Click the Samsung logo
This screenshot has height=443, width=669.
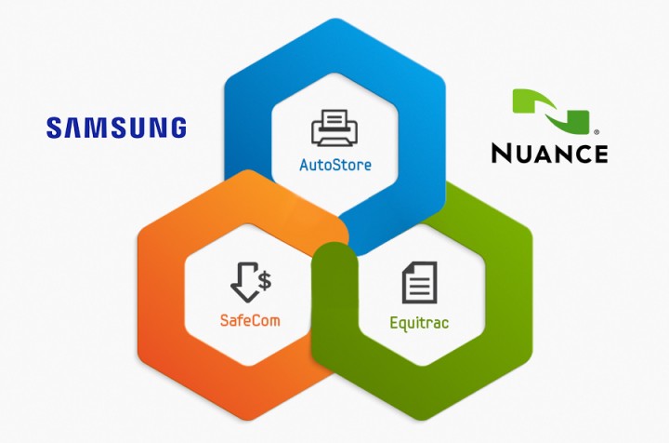click(x=116, y=127)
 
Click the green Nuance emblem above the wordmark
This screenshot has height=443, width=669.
click(x=552, y=112)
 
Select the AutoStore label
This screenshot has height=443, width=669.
click(x=334, y=166)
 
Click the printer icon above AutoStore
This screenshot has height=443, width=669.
click(x=334, y=128)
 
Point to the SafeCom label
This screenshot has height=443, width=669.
click(x=250, y=320)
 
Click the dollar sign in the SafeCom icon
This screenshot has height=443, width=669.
click(x=265, y=277)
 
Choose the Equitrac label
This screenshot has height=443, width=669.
click(x=419, y=325)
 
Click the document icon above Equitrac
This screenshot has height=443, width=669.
click(x=419, y=283)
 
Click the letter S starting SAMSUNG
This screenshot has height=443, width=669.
click(x=54, y=127)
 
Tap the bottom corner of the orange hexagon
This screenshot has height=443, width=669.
click(x=248, y=421)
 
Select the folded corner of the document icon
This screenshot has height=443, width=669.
click(x=430, y=268)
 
